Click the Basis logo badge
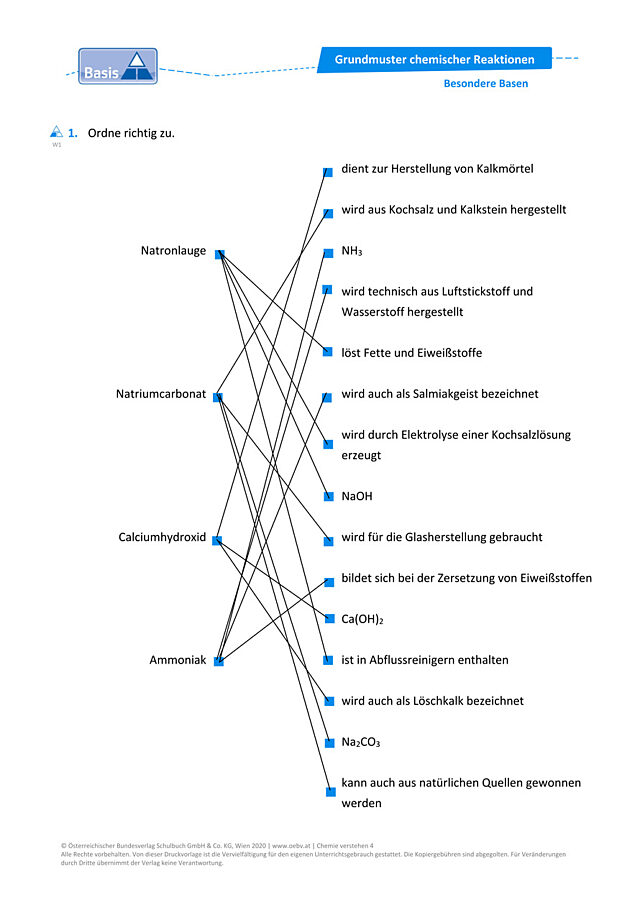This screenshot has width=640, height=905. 118,66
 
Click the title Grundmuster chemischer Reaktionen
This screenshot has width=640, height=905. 435,59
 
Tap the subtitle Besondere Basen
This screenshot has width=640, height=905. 486,83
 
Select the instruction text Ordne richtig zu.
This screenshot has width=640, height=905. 131,133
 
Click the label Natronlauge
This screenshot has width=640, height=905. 173,250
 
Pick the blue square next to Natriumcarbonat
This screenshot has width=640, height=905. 218,397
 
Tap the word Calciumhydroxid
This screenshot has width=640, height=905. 162,537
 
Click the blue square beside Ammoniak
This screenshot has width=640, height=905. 218,661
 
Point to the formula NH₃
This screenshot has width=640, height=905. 352,251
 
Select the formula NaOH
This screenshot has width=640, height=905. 357,496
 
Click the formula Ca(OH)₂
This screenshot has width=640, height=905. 362,619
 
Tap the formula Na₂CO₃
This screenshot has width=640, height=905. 361,742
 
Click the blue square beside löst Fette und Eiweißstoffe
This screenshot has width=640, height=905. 328,351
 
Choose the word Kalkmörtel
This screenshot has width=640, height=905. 505,169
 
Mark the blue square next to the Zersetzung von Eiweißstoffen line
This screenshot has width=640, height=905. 329,582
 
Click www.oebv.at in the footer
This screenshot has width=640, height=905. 291,846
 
